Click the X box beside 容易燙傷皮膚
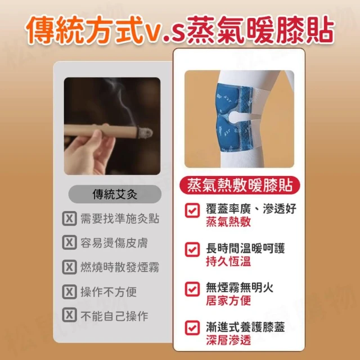[69, 242]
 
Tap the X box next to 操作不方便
[69, 291]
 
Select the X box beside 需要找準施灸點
[69, 218]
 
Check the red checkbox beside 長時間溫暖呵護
[192, 249]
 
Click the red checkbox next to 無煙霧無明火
[192, 289]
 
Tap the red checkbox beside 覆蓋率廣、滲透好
[192, 210]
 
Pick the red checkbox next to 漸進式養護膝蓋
[192, 328]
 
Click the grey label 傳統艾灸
[115, 194]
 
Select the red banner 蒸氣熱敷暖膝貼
[240, 185]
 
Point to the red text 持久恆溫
[228, 261]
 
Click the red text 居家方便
[228, 300]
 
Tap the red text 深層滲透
[228, 340]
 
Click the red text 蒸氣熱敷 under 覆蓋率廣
[228, 222]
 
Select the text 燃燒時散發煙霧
[120, 267]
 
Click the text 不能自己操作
[114, 316]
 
